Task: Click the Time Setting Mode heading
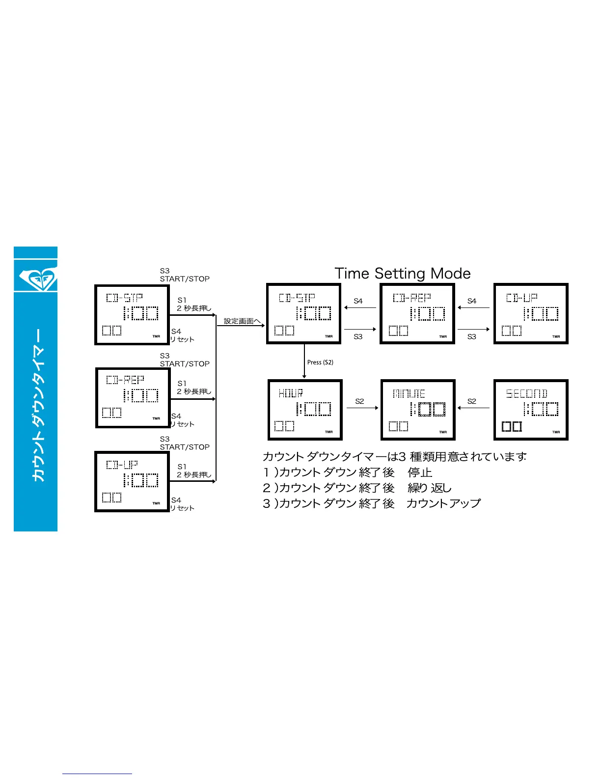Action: [402, 273]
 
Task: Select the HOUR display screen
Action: [304, 410]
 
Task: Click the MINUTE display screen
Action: [418, 410]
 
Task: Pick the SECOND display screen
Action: [531, 410]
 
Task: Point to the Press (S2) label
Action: [320, 362]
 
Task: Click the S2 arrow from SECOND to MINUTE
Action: [473, 408]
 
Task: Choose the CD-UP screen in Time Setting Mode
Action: [531, 314]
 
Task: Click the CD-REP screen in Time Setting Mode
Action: [417, 314]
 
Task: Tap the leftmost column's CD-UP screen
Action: [132, 481]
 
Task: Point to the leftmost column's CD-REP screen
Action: [133, 397]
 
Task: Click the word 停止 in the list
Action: [420, 472]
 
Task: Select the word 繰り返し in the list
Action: [429, 488]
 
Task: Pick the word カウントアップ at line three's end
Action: [443, 503]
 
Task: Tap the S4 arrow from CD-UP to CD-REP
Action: [473, 308]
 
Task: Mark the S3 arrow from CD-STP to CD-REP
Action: [360, 329]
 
